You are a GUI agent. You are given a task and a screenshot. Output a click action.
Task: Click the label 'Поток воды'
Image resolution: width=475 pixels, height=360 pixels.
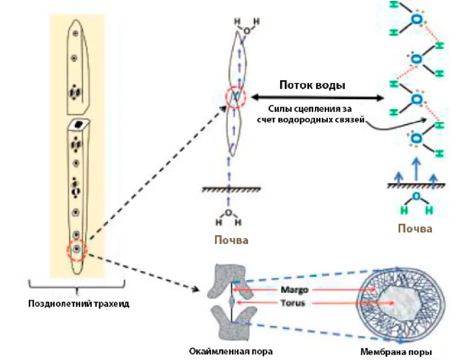point(312,86)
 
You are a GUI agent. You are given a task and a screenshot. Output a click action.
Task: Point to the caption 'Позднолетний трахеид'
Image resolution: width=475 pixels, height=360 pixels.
point(78,304)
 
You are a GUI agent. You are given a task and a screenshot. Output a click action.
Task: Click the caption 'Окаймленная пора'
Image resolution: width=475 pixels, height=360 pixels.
point(231,351)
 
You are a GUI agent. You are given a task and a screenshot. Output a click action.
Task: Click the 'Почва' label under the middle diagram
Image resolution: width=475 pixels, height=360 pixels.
point(231,240)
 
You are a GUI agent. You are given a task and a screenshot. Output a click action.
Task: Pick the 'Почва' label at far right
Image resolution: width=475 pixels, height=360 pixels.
point(415,229)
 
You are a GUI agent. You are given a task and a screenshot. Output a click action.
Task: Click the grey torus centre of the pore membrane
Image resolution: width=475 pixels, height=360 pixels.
point(396,301)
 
